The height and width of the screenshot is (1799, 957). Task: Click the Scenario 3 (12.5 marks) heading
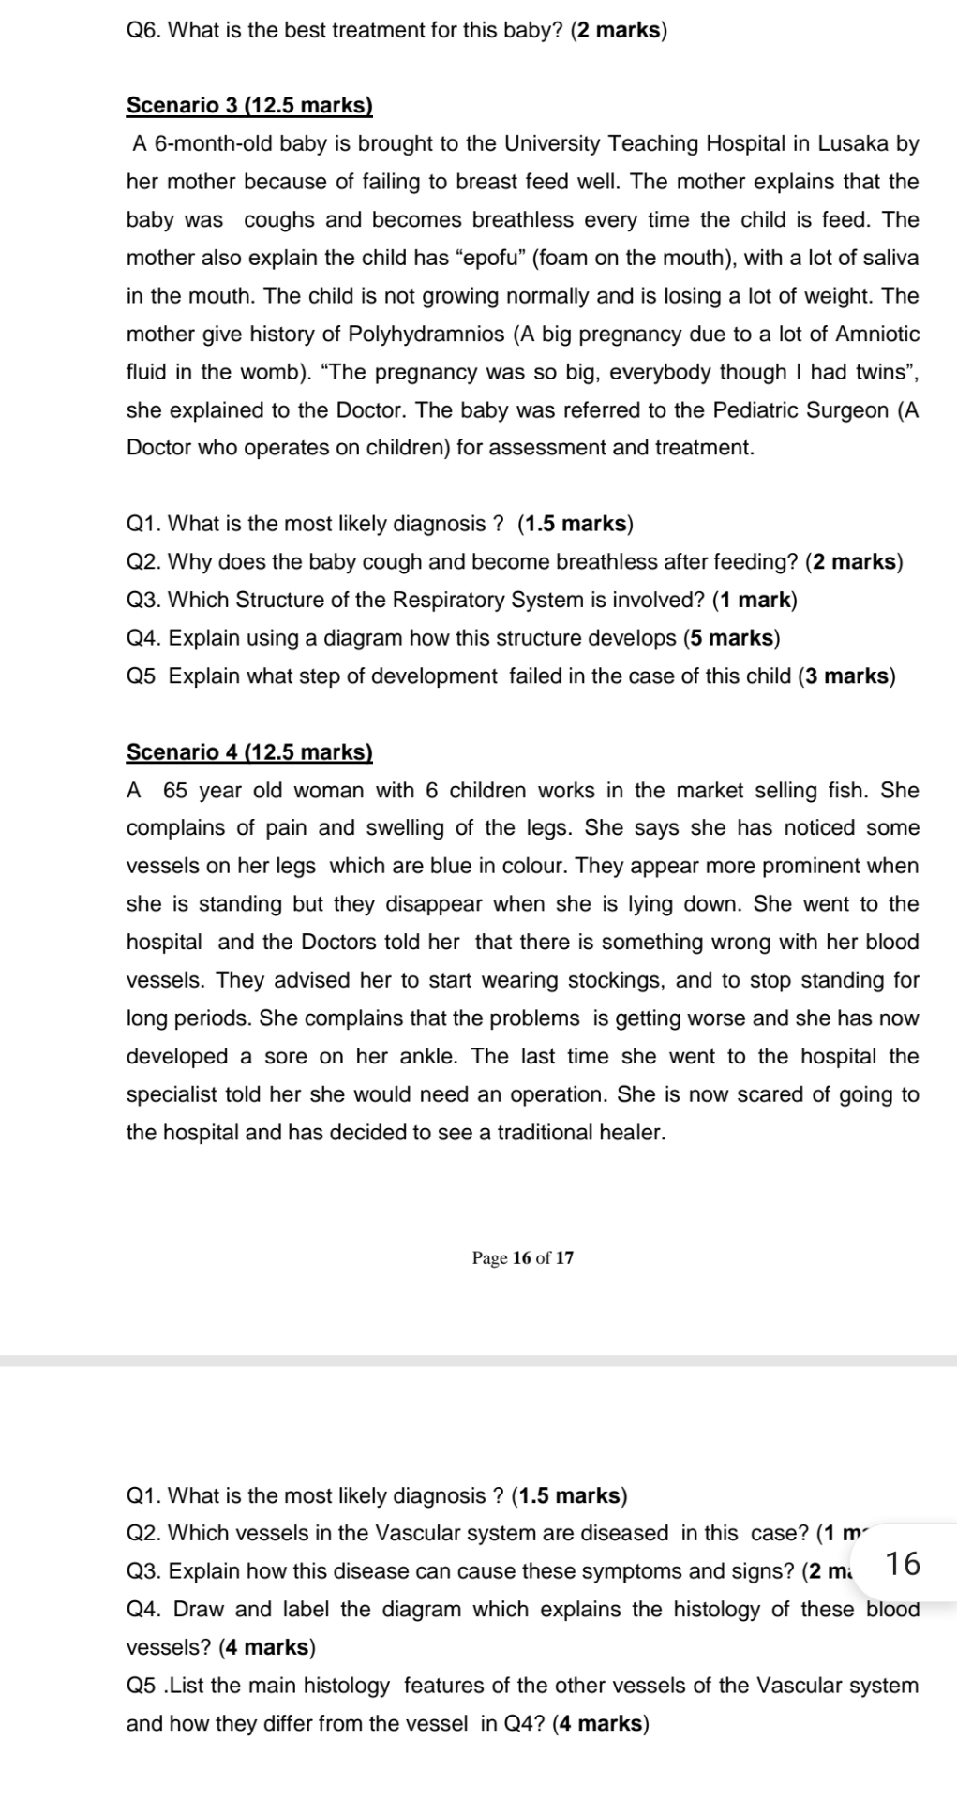pyautogui.click(x=249, y=105)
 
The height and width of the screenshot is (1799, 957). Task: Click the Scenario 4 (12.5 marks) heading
pyautogui.click(x=249, y=751)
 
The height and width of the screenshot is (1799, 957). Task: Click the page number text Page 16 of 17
pyautogui.click(x=523, y=1257)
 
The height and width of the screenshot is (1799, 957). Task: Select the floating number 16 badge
pyautogui.click(x=902, y=1563)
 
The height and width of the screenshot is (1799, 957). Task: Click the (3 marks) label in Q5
pyautogui.click(x=846, y=676)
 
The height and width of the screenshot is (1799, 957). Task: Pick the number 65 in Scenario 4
pyautogui.click(x=175, y=790)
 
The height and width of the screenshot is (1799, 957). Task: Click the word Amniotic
pyautogui.click(x=877, y=334)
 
